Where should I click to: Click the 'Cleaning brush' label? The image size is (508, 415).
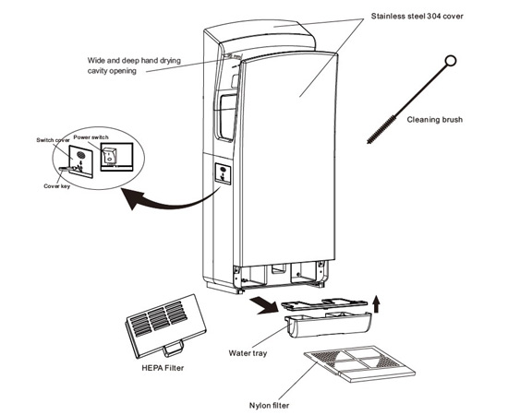click(434, 120)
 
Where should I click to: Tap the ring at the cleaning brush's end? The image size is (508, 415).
click(451, 61)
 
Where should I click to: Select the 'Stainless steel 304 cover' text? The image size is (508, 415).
click(417, 17)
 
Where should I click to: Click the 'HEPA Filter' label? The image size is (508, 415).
click(163, 368)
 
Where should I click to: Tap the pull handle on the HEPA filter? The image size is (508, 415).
click(174, 350)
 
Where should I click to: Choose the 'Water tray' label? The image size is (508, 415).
click(248, 353)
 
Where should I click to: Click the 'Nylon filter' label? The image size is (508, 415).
click(269, 405)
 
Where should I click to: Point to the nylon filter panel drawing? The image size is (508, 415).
click(359, 363)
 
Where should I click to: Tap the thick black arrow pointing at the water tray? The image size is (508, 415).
click(263, 305)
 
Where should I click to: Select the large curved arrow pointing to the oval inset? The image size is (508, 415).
click(168, 200)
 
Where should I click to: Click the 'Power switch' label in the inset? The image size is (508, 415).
click(91, 137)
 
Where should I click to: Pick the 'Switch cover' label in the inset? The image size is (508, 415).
click(53, 140)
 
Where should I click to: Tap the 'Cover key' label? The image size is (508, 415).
click(56, 186)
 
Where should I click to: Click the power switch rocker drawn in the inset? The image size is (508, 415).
click(109, 155)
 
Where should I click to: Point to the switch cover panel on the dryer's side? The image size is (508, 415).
click(223, 173)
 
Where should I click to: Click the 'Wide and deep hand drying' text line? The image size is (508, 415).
click(134, 61)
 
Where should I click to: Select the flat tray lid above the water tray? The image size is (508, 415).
click(324, 303)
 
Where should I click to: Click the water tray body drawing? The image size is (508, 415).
click(328, 325)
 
